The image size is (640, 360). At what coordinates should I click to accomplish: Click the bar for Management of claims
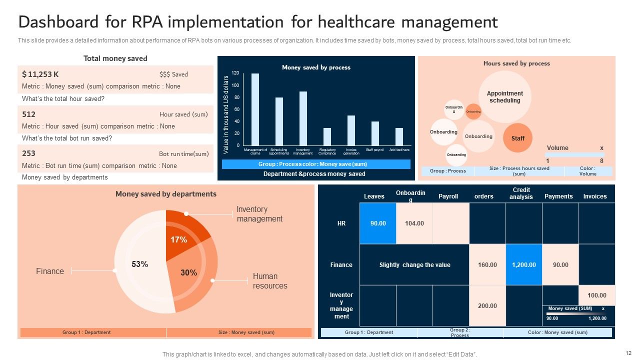click(x=255, y=109)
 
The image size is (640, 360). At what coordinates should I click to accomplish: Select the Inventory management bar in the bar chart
click(x=303, y=118)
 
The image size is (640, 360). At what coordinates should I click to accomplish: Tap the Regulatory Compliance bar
click(x=327, y=136)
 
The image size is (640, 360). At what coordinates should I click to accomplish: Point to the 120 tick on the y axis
click(x=235, y=73)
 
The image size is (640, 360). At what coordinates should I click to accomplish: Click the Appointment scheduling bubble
click(x=504, y=97)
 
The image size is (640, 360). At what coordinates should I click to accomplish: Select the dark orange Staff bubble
click(x=517, y=138)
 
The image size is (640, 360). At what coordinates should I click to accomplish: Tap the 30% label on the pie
click(x=188, y=273)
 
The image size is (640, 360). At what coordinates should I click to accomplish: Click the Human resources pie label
click(x=270, y=281)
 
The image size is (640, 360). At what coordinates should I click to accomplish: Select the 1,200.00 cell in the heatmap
click(x=524, y=265)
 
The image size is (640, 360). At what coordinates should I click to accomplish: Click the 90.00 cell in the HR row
click(x=378, y=223)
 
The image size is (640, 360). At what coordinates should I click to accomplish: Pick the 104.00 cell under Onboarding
click(x=414, y=223)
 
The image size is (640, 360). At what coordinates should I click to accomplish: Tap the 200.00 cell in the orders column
click(x=487, y=305)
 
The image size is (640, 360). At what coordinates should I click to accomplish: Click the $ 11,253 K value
click(x=40, y=74)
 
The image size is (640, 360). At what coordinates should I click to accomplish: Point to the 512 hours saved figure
click(x=29, y=114)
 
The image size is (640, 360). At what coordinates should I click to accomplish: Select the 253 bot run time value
click(x=29, y=153)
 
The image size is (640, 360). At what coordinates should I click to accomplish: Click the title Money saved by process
click(x=316, y=67)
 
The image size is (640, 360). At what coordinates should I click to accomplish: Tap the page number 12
click(x=628, y=352)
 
